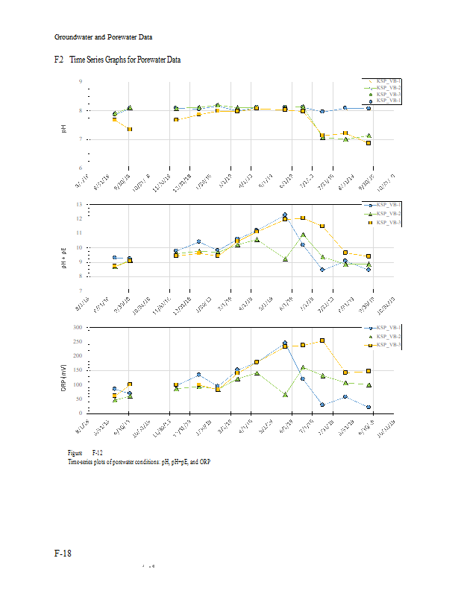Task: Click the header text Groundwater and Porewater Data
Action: tap(104, 37)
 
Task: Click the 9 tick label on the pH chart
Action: tap(81, 82)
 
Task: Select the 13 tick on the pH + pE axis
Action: tap(79, 204)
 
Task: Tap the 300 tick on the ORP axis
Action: tap(78, 328)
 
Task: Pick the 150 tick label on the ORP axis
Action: tap(78, 370)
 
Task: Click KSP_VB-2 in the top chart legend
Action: tap(389, 88)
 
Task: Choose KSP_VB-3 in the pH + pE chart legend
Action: tap(389, 222)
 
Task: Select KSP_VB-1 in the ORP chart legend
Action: tap(389, 328)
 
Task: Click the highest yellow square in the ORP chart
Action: tap(322, 340)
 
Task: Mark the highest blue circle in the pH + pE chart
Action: tap(285, 215)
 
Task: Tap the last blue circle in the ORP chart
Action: tap(369, 407)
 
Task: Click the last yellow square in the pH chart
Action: tap(369, 142)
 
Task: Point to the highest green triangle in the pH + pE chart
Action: tap(303, 235)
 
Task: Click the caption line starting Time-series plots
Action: tap(134, 462)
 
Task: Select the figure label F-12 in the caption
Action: tap(97, 453)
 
